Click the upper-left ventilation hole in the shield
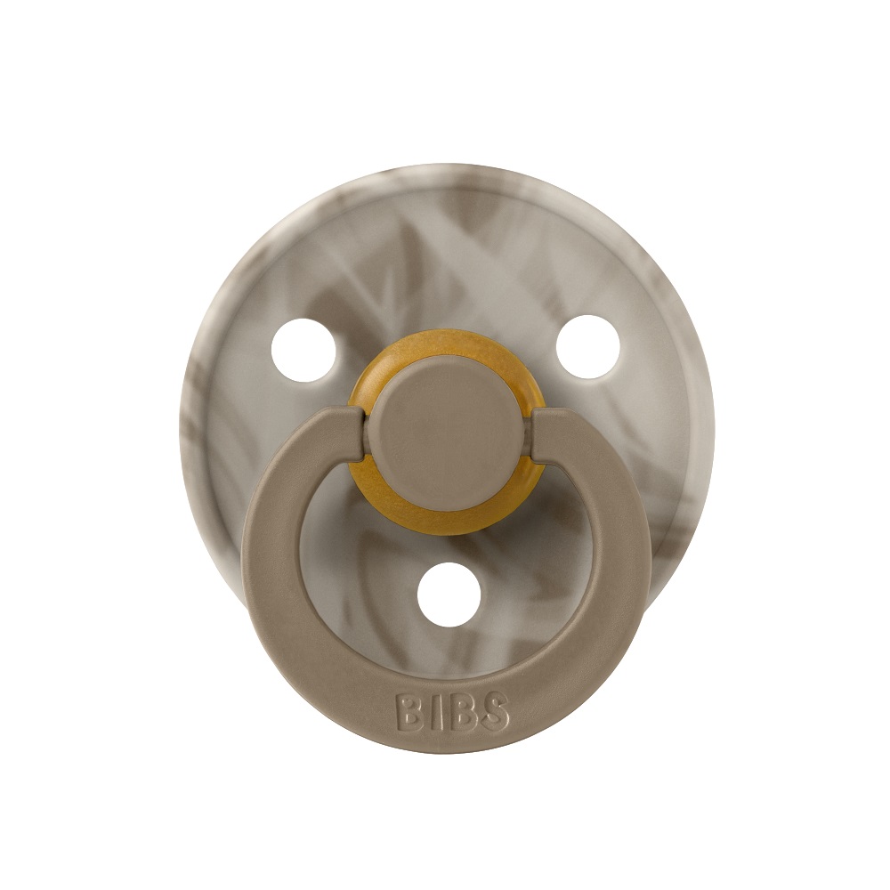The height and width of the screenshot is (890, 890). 303,350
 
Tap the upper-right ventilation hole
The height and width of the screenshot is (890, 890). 587,347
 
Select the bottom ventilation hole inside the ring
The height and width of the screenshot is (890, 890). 449,595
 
